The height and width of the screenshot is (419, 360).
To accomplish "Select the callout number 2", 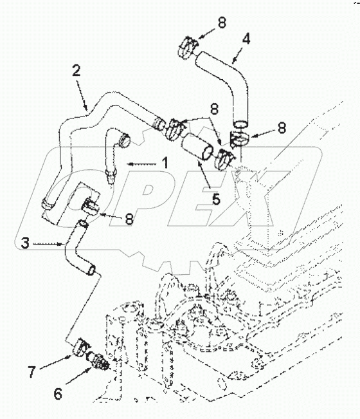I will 76,71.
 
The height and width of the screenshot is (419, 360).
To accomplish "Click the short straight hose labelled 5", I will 197,146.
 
